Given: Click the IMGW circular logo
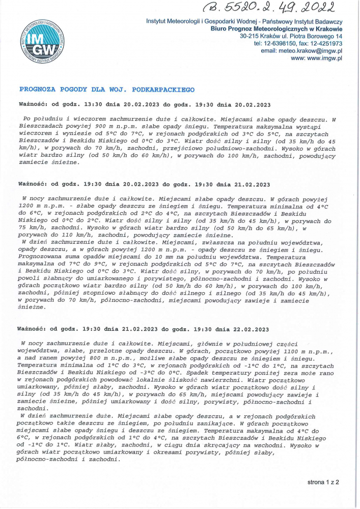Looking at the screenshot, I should tap(43, 45).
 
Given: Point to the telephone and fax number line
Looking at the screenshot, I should tap(297, 44).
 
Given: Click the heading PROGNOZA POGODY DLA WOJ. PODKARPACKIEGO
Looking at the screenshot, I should tap(106, 89).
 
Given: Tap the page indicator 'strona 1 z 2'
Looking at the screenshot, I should tap(323, 481).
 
